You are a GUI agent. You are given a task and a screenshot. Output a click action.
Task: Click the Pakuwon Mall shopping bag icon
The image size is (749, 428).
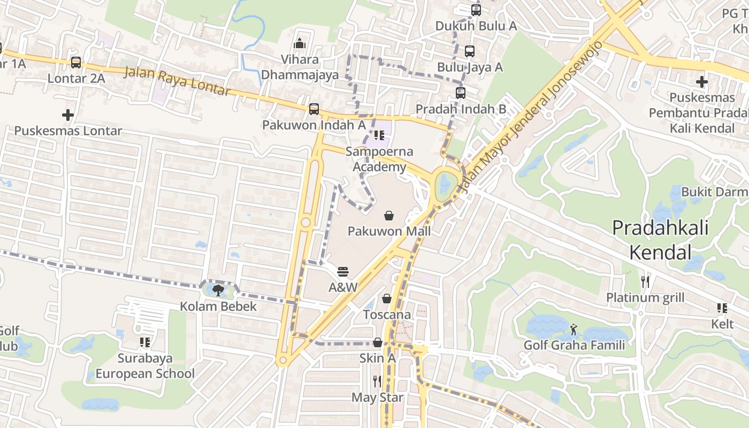click(x=389, y=216)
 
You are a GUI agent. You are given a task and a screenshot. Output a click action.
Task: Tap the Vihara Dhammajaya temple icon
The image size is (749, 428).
click(x=300, y=43)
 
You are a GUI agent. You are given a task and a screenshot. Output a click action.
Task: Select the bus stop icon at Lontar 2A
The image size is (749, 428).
click(x=76, y=63)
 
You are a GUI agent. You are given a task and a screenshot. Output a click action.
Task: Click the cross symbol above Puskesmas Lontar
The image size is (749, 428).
click(x=68, y=115)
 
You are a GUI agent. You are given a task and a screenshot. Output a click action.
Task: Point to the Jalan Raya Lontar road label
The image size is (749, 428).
click(x=178, y=81)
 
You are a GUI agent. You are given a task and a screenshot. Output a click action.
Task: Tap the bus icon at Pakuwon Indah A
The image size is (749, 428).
click(x=314, y=109)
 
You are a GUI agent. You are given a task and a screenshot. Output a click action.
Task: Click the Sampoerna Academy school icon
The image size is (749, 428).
click(x=379, y=135)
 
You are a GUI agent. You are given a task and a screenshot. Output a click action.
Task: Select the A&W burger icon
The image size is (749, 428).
click(x=343, y=272)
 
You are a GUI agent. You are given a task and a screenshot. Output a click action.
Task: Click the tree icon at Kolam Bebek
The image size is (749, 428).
click(x=218, y=291)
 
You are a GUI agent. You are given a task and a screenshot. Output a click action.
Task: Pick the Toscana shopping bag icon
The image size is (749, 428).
click(x=387, y=299)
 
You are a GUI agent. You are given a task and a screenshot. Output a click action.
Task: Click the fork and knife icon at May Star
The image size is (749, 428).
click(x=377, y=381)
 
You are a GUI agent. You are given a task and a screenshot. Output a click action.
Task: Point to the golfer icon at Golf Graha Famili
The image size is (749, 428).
click(x=574, y=329)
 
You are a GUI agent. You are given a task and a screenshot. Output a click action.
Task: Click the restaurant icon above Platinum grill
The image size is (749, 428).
click(x=645, y=281)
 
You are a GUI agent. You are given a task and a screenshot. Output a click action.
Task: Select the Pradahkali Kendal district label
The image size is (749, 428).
click(x=660, y=239)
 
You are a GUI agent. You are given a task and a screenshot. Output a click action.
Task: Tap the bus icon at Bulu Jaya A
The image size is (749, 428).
click(x=470, y=51)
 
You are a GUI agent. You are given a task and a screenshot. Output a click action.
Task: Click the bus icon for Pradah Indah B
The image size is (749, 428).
click(x=461, y=93)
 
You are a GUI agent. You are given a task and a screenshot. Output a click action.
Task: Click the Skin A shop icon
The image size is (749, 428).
click(x=378, y=342)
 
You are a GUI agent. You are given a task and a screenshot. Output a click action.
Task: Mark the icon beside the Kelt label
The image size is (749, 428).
click(x=722, y=308)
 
